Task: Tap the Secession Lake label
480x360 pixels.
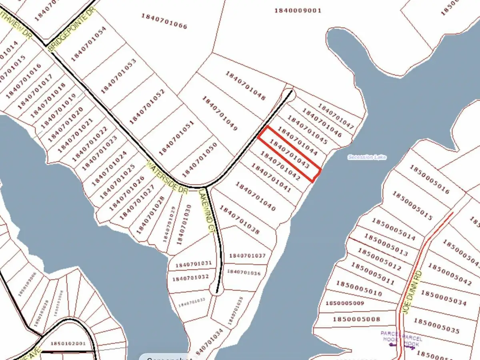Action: (x=367, y=158)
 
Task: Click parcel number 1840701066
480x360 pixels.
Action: (x=164, y=21)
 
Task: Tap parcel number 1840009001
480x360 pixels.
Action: (x=298, y=11)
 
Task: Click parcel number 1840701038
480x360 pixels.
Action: (x=240, y=221)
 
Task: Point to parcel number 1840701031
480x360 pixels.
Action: (x=191, y=264)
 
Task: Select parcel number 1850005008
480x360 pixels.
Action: (x=356, y=319)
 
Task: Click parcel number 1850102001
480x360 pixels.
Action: (x=68, y=344)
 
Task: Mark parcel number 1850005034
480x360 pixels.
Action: (x=443, y=299)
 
